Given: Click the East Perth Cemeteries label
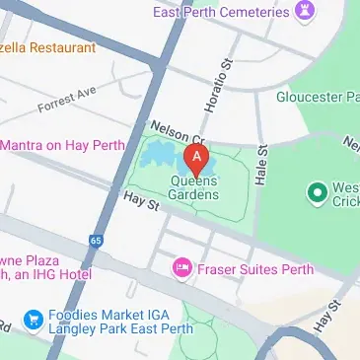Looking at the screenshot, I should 220,13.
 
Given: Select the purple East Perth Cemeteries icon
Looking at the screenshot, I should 307,13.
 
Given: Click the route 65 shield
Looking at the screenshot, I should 95,240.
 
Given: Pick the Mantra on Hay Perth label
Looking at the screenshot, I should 62,145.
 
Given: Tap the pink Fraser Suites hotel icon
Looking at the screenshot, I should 181,268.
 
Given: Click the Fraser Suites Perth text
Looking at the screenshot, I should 254,268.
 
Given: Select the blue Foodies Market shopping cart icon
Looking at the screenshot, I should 33,320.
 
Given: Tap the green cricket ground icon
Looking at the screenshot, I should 317,191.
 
